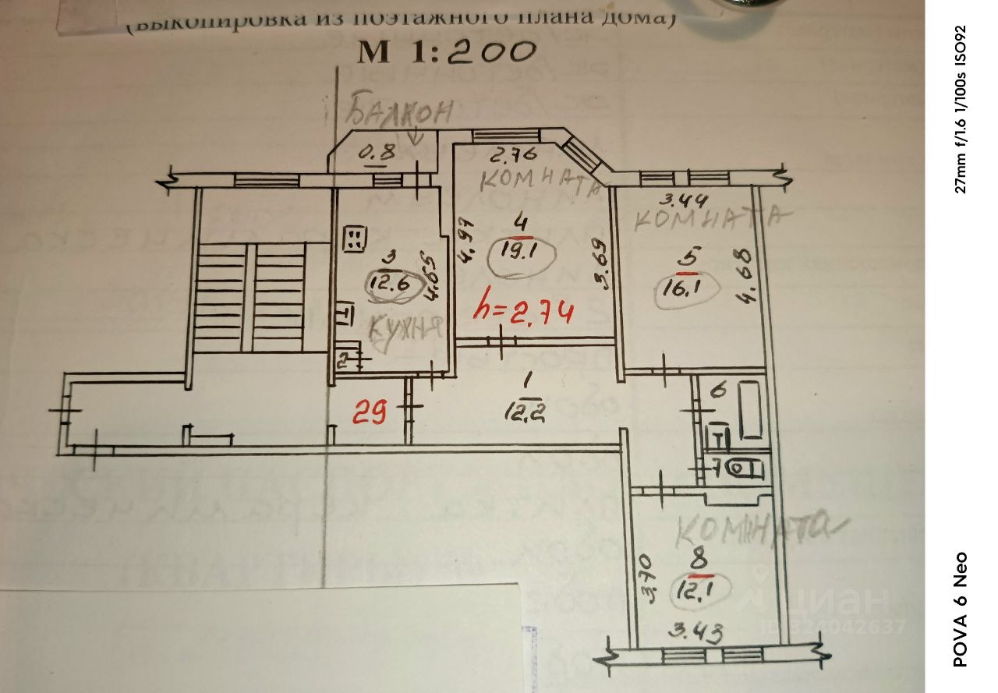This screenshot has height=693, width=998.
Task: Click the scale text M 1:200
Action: pos(447,51)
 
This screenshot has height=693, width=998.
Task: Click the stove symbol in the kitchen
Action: pos(356,239)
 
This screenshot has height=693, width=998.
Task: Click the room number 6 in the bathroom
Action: pos(719,389)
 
